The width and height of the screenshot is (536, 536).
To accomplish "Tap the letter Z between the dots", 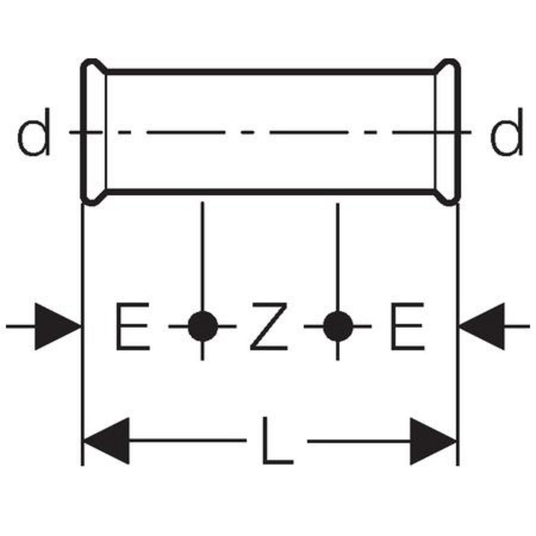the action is pos(269,326).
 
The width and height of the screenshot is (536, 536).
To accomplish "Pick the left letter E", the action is pos(133,326).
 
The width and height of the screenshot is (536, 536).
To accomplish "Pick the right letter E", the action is pos(407,326).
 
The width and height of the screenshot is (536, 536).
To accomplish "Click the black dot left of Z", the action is pos(202,326).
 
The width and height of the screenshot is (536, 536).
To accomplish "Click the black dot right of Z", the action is pos(338,326).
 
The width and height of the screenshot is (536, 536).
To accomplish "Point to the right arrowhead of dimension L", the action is pos(434,441).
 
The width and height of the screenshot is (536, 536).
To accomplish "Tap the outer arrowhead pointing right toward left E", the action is pos(57,326).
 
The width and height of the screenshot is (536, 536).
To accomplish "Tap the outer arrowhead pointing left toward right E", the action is pos(482,326).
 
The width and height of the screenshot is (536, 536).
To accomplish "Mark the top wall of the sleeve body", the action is pos(271,72).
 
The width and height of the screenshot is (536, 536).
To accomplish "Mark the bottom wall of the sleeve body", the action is pos(271,192).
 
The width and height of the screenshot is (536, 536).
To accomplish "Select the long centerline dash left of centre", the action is pos(186,132).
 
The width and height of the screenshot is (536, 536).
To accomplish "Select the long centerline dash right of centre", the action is pos(308,132).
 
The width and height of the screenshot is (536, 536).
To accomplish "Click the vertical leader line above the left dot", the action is pos(202,256).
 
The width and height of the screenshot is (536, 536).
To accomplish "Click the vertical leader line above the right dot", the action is pos(338,257).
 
